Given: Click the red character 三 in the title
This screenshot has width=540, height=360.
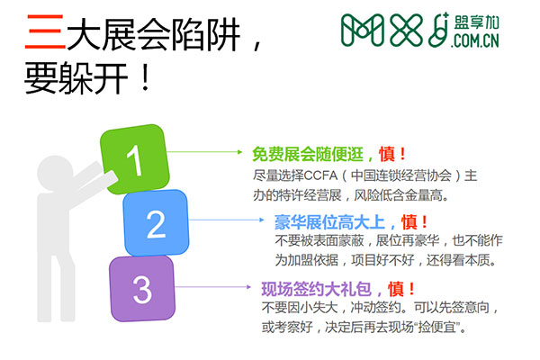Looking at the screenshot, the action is pyautogui.click(x=45, y=31).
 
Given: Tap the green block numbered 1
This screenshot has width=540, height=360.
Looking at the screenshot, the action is pyautogui.click(x=135, y=159).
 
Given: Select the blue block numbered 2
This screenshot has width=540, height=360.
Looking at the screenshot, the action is pyautogui.click(x=156, y=223).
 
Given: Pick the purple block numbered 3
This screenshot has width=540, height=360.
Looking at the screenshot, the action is pyautogui.click(x=142, y=289).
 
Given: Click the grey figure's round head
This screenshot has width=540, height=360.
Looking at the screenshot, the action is pyautogui.click(x=55, y=173).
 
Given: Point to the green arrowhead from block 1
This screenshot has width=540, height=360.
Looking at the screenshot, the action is pyautogui.click(x=240, y=152).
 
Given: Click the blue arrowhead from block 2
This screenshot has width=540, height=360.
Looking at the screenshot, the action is pyautogui.click(x=262, y=220).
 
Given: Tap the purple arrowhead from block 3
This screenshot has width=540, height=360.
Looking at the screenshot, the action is pyautogui.click(x=248, y=286).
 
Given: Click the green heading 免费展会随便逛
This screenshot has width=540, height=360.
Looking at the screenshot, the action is pyautogui.click(x=308, y=154).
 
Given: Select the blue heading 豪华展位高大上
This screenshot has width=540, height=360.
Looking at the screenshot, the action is pyautogui.click(x=329, y=222).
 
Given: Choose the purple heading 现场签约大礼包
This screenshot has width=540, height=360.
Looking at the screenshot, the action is pyautogui.click(x=317, y=289).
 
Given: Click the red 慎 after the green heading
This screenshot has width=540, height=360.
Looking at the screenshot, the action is pyautogui.click(x=387, y=154).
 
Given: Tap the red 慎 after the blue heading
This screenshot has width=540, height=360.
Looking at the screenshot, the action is pyautogui.click(x=409, y=222).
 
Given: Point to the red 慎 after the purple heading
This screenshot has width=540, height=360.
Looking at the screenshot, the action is pyautogui.click(x=396, y=289).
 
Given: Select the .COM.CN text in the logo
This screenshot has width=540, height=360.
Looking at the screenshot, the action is pyautogui.click(x=475, y=40).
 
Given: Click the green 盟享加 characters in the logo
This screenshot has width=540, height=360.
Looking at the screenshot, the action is pyautogui.click(x=477, y=22).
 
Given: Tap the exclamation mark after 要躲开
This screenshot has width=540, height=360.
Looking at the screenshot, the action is pyautogui.click(x=146, y=78).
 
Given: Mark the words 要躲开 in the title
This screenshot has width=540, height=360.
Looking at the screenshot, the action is pyautogui.click(x=76, y=78).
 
